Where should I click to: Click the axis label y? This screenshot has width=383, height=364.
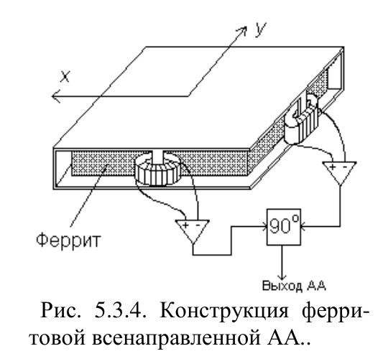[260, 29]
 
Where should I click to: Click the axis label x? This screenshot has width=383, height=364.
[65, 76]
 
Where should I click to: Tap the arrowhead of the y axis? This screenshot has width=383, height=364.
[242, 30]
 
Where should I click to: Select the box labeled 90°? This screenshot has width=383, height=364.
[283, 227]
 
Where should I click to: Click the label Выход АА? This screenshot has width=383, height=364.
[294, 286]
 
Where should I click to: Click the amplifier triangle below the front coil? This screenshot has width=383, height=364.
[193, 230]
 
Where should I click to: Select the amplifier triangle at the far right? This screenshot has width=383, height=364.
[339, 172]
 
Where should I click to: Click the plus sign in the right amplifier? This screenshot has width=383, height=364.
[332, 167]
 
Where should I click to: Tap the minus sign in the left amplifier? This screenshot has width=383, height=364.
[198, 225]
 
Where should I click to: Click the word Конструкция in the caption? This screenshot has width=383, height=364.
[223, 311]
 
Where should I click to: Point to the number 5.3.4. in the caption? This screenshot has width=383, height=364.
[120, 311]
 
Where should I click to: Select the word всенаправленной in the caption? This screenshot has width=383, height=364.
[176, 338]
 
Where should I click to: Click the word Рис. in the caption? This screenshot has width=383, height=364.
[60, 311]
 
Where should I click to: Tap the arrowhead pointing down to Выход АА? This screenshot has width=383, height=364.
[282, 278]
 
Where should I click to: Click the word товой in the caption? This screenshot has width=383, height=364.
[57, 338]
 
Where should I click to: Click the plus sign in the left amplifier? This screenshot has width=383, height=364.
[185, 225]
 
